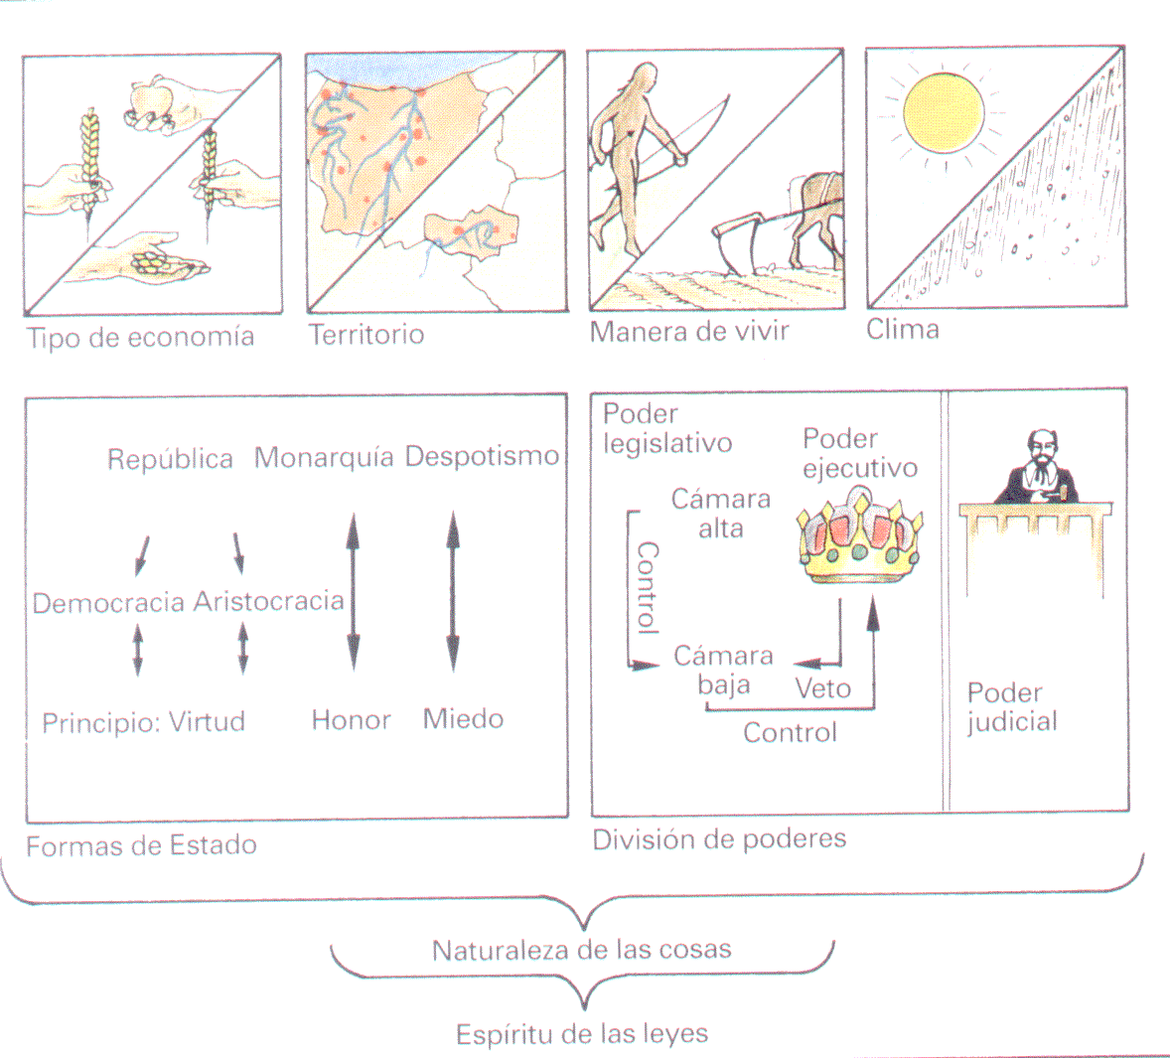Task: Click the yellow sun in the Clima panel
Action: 944,112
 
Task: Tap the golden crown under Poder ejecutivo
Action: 859,536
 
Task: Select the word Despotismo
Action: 482,456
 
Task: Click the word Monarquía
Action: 324,457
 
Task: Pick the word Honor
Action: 352,720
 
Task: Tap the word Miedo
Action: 464,718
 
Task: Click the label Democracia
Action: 109,603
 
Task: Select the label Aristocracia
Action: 269,601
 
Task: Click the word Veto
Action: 823,687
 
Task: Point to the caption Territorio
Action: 366,334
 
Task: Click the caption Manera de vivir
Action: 689,331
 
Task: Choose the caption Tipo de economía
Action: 140,337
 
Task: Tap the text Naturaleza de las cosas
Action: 581,950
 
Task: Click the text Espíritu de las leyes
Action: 582,1034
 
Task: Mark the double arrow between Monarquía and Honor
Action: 354,592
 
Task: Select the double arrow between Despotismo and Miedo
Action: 453,591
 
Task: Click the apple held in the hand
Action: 152,99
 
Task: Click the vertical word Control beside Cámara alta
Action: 648,588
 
